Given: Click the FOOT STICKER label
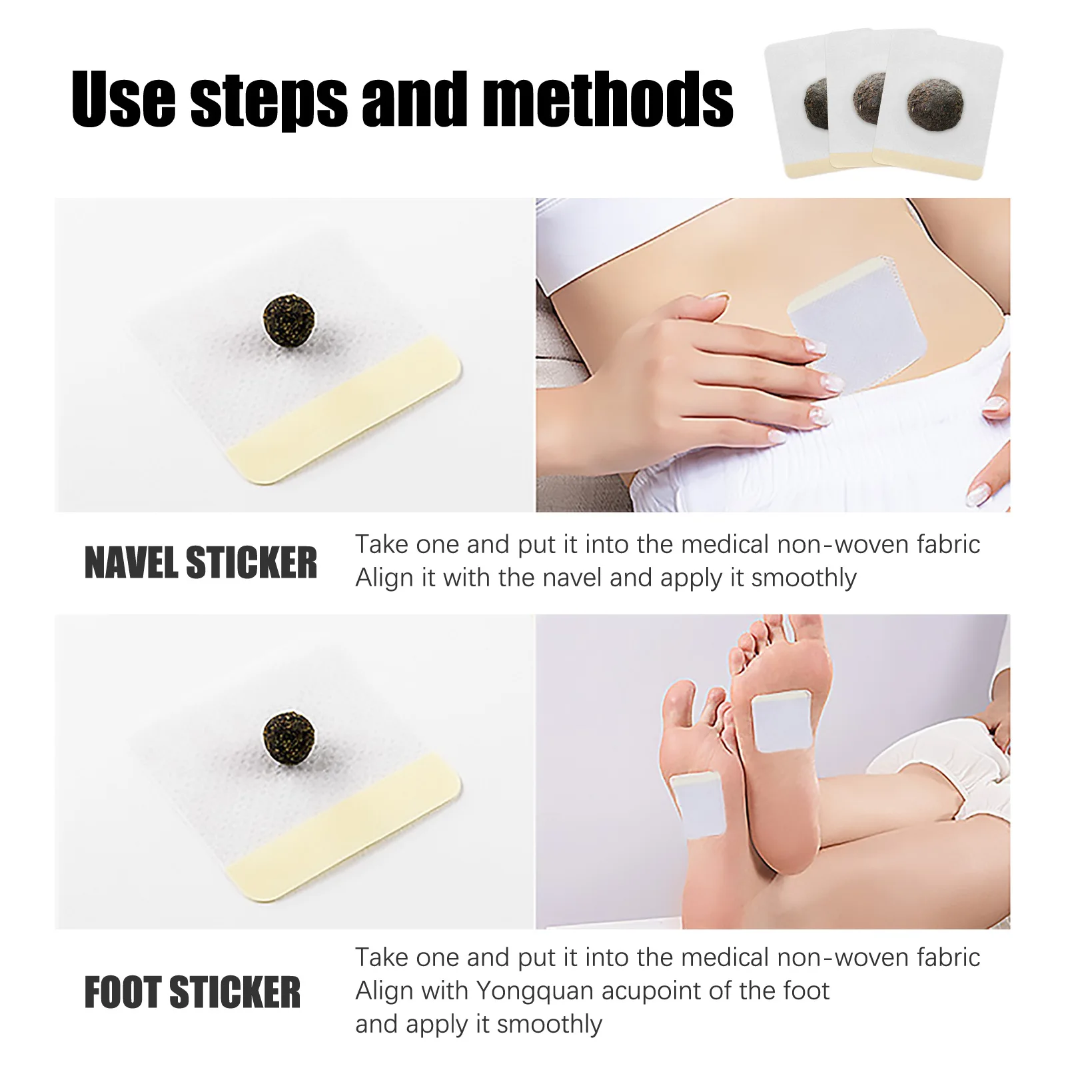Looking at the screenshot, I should click(193, 992).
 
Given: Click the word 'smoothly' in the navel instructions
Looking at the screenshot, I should click(803, 578).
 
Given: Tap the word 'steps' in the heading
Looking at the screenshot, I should click(269, 100).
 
